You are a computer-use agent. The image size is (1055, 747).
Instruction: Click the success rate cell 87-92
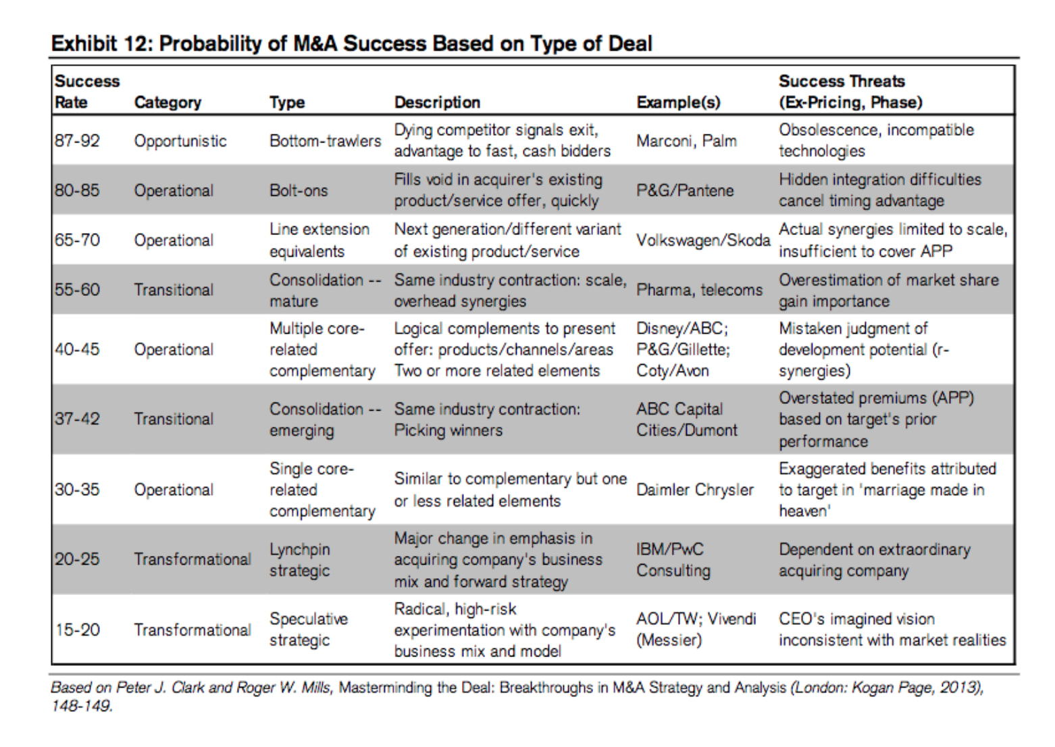point(77,140)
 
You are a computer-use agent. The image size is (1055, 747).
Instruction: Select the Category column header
point(168,102)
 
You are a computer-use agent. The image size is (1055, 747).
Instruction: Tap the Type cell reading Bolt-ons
point(299,190)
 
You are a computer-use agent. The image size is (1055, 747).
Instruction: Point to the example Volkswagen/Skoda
point(703,240)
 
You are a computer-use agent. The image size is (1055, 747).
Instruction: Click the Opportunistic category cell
point(180,140)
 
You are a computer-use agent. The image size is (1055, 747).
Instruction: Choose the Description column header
point(437,102)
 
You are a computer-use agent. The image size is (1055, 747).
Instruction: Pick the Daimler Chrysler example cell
point(695,490)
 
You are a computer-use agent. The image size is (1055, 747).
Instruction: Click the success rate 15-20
point(77,629)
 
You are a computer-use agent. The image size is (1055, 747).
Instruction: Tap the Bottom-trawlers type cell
point(325,140)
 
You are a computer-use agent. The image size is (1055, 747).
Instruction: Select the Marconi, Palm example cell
point(686,140)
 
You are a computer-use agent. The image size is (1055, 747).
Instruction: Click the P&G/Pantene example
point(685,190)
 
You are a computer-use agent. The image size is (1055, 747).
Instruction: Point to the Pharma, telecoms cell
point(699,290)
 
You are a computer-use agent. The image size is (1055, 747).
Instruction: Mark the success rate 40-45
point(77,349)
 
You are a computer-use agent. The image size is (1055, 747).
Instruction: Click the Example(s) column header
point(678,102)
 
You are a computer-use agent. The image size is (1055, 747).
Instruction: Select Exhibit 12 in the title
point(102,43)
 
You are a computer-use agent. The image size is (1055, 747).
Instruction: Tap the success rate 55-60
point(77,290)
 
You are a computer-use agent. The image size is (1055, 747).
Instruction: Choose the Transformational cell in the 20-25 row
point(192,559)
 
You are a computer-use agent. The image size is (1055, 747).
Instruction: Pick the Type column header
point(287,102)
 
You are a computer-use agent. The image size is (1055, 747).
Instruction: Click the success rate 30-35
point(77,490)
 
